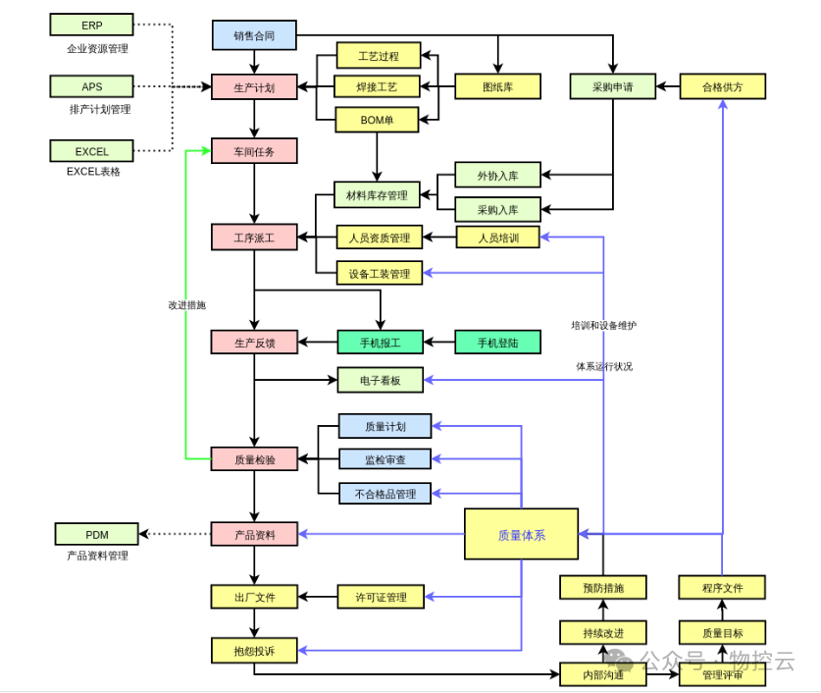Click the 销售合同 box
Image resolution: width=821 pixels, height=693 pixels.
[x=254, y=35]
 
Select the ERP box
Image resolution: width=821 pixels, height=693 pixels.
[x=91, y=26]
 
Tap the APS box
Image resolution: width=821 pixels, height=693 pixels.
[x=91, y=87]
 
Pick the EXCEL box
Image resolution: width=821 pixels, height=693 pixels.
[x=91, y=151]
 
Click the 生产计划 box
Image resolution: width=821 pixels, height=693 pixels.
[x=254, y=87]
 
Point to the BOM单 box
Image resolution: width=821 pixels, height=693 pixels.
[x=378, y=120]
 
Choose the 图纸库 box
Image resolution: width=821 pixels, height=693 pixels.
[x=497, y=87]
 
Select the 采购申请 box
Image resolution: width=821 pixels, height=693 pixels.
[x=612, y=87]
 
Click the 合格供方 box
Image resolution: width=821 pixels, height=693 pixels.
[x=722, y=87]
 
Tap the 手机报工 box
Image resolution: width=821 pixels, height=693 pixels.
[x=380, y=343]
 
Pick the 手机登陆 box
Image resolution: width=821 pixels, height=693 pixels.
[x=497, y=343]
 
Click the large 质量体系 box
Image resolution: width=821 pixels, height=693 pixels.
[x=521, y=534]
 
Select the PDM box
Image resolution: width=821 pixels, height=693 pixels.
[x=96, y=534]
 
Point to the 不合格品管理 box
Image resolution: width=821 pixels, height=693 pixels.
[x=385, y=493]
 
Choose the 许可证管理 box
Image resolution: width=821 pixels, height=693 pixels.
[x=380, y=596]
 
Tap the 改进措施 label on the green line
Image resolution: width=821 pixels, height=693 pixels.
[x=186, y=305]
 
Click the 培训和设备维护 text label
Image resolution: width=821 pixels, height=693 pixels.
[x=603, y=325]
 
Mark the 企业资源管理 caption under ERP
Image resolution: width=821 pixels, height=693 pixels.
[x=97, y=48]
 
